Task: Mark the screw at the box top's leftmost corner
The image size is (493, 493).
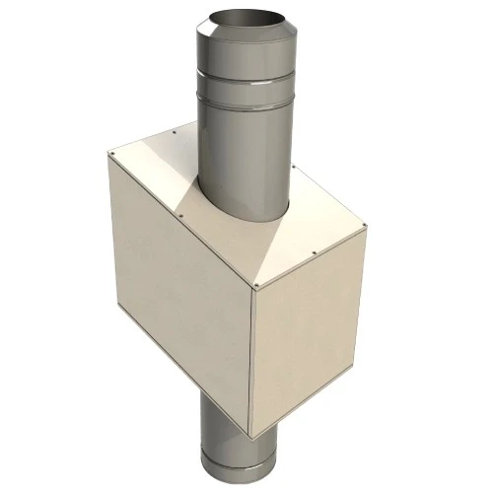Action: pos(111,155)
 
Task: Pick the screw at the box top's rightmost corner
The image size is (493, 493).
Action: pos(365,227)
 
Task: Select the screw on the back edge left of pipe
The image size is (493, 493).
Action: pos(174,128)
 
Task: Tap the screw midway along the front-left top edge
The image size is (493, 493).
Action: pos(184,217)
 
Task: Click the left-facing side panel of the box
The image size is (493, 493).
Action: pos(177,296)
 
